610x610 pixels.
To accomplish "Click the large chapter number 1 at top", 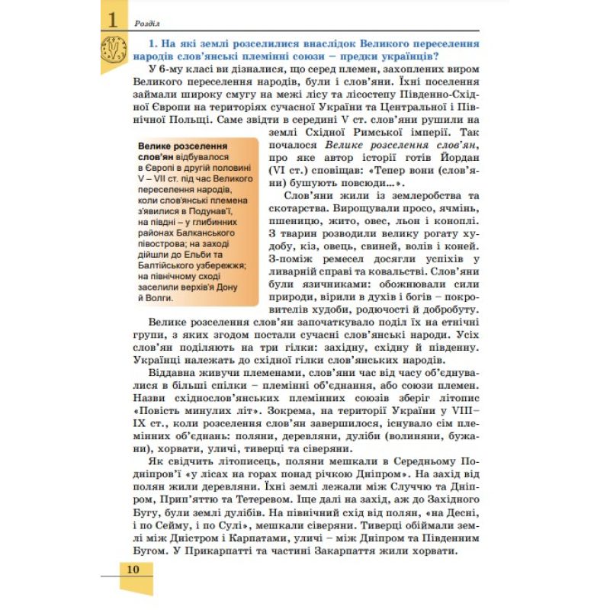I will coord(112,20).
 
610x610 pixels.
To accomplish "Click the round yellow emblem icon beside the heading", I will coord(112,51).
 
